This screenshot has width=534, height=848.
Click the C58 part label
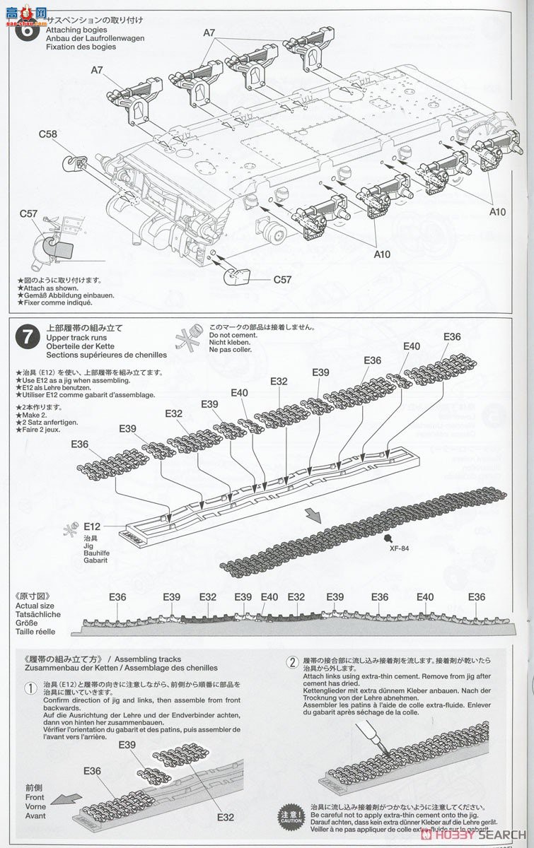point(48,134)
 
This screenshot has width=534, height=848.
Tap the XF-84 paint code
point(400,546)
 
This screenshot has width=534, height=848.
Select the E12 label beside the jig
point(92,526)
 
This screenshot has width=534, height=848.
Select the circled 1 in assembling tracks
point(30,688)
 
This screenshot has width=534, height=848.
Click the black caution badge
point(291,815)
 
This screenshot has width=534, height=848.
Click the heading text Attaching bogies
point(76,30)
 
